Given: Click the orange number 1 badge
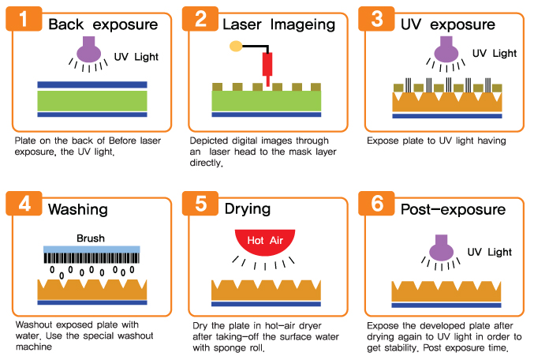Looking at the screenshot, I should pos(26,21).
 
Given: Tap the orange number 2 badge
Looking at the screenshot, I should pos(201,21).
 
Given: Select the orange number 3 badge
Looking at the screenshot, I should pos(377,21).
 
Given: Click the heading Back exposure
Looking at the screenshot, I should pos(103,24).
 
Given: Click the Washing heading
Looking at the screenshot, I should pos(77,210).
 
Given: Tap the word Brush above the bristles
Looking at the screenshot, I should pos(90,238).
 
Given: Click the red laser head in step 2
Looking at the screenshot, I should pos(268,65).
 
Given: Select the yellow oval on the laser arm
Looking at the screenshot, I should pos(235,47).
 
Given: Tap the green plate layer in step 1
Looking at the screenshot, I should pos(92,100).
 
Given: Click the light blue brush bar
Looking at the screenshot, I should pos(90,249).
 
